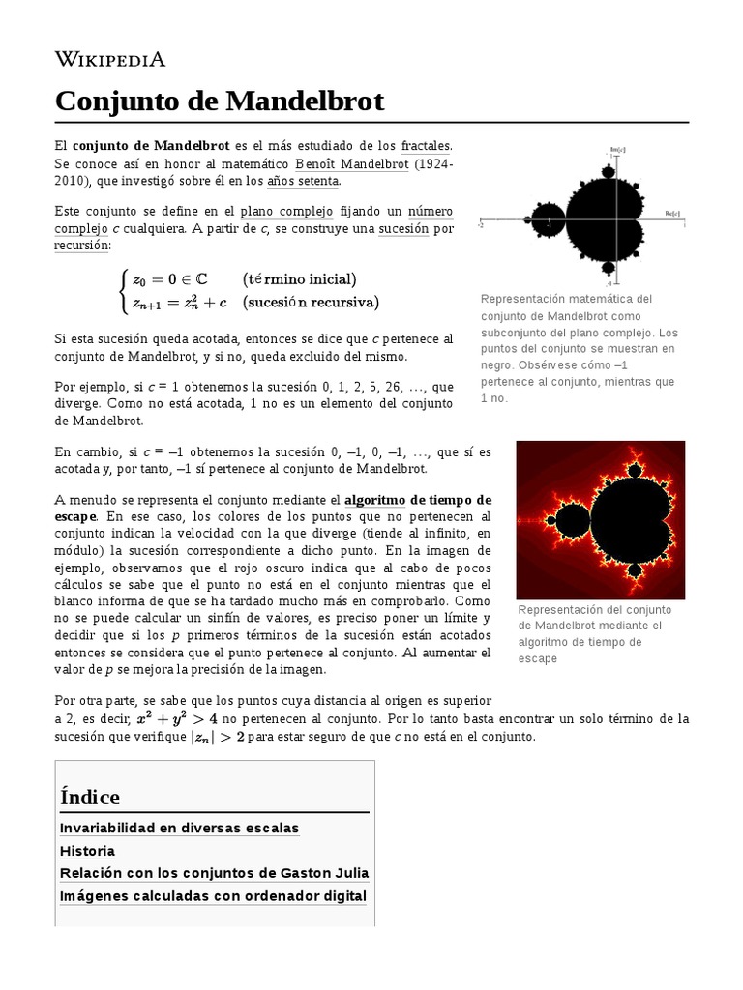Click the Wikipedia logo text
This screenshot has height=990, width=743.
pos(109,60)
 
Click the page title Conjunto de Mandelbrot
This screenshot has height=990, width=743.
pos(219,101)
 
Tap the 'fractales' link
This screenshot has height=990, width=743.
pos(426,145)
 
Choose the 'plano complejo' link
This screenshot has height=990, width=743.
pos(286,211)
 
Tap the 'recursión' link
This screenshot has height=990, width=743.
pos(82,246)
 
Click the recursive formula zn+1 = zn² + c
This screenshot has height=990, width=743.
pos(179,302)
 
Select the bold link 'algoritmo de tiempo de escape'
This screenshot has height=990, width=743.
pos(418,500)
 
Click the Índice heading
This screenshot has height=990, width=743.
pos(90,797)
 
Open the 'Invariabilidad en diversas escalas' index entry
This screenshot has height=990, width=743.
pos(179,828)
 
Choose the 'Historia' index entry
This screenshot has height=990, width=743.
pos(87,851)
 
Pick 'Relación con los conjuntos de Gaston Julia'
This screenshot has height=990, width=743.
pos(214,873)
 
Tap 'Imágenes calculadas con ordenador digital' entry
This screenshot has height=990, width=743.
pos(213,896)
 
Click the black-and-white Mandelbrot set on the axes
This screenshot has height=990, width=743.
pos(585,218)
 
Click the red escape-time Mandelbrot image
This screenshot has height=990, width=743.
pos(600,519)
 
